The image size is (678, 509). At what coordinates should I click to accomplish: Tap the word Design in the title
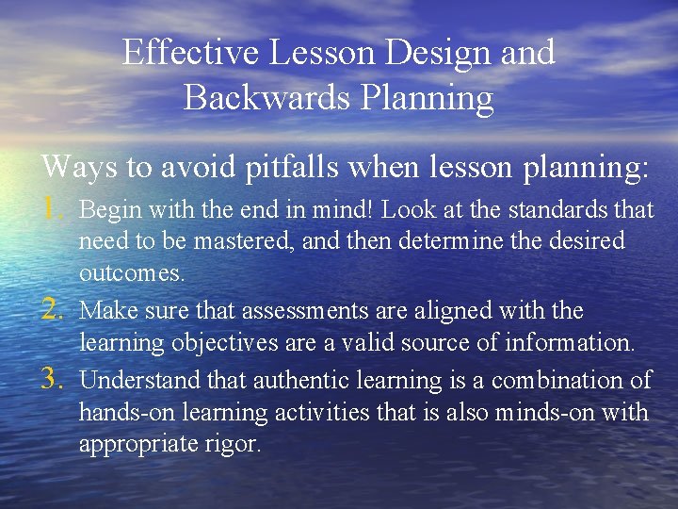443,53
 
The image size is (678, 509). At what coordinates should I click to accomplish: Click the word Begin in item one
105,207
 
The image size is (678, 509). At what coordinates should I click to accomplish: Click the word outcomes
133,274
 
